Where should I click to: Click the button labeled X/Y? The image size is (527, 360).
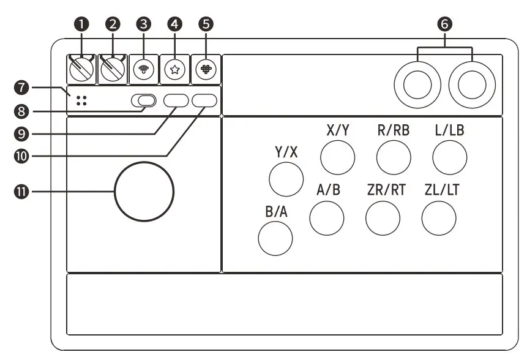tap(338, 157)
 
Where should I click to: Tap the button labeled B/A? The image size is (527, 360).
tap(275, 238)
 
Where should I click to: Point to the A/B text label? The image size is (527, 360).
tap(328, 189)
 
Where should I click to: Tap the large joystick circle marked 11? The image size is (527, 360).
tap(144, 191)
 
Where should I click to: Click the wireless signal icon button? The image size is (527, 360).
tap(143, 69)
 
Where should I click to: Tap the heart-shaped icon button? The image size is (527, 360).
tap(206, 69)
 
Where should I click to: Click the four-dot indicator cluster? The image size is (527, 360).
tap(81, 101)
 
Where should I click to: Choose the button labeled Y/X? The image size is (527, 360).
tap(286, 178)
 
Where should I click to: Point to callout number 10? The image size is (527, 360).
tap(23, 156)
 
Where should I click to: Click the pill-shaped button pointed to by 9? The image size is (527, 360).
tap(176, 101)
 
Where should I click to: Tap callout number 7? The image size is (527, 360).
tap(23, 88)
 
